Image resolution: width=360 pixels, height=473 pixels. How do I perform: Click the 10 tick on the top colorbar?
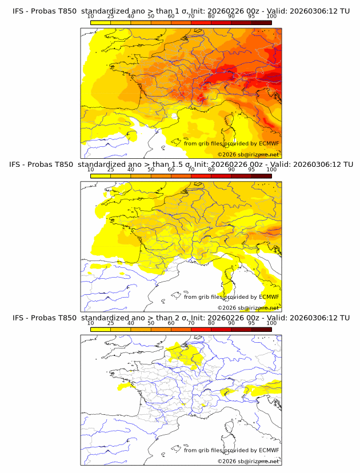click(90, 17)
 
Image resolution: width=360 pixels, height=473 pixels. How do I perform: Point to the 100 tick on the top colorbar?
click(271, 17)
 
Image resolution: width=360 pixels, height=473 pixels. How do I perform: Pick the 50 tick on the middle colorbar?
click(151, 170)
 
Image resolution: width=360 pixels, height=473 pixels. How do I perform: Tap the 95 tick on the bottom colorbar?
click(251, 323)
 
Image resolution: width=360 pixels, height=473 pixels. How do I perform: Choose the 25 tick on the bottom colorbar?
click(110, 323)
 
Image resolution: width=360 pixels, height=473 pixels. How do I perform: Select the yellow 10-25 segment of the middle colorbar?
click(100, 175)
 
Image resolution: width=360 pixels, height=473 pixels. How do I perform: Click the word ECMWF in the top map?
click(269, 143)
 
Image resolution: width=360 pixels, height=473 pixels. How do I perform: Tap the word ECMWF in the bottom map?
click(269, 450)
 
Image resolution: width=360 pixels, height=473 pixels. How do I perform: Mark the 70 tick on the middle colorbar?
click(191, 170)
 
